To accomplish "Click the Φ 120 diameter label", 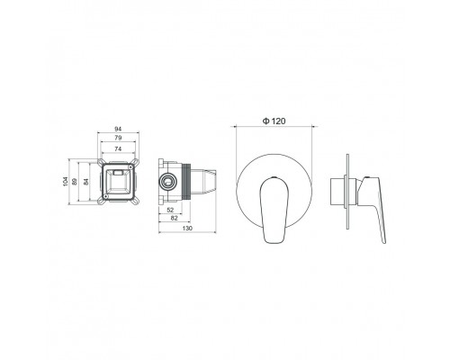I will pyautogui.click(x=275, y=121).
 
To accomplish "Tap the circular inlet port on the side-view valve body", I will pyautogui.click(x=166, y=181).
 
